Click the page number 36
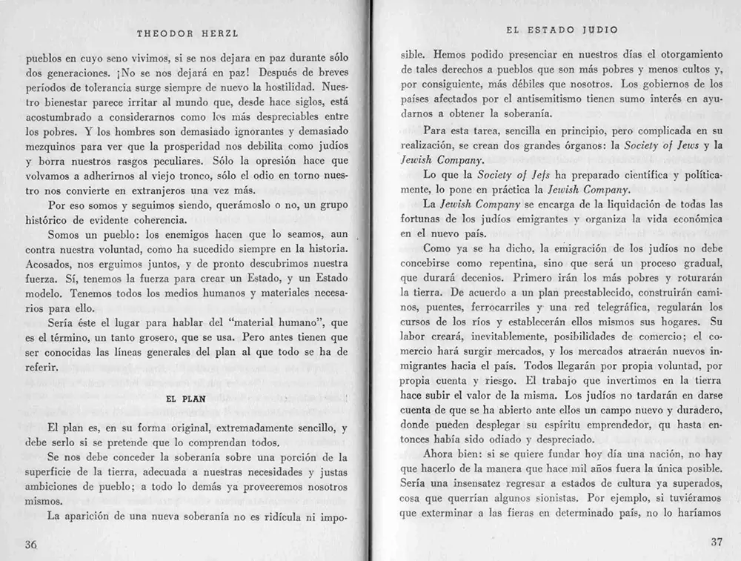coord(31,544)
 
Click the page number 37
coord(716,542)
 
